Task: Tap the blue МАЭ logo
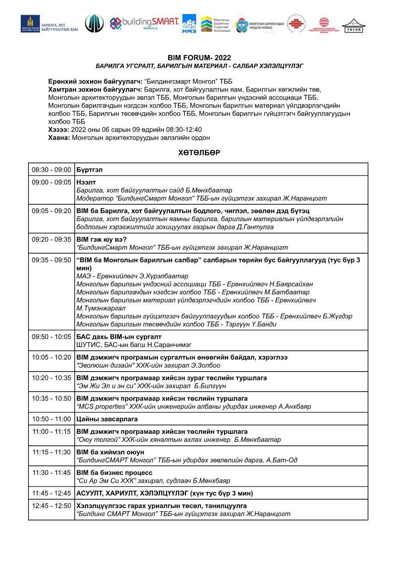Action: (189, 24)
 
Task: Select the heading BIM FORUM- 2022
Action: (199, 58)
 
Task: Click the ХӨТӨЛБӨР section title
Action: (199, 153)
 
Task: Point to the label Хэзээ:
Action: (59, 130)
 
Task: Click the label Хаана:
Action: (59, 138)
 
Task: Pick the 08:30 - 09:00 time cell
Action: (51, 170)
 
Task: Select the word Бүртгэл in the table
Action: (90, 170)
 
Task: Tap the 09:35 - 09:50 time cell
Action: (51, 260)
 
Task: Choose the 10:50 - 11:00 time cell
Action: (51, 419)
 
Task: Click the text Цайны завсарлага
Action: (107, 419)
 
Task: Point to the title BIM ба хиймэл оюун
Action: (110, 452)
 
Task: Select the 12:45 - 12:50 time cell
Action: (51, 506)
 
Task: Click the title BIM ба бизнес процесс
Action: (115, 473)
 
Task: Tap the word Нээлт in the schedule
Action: (86, 182)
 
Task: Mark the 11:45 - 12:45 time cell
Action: (51, 493)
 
